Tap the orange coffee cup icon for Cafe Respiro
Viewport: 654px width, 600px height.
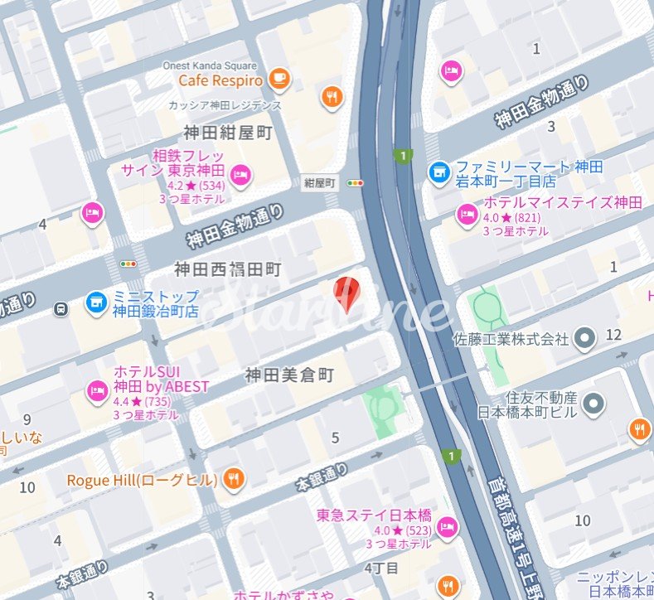[278, 80]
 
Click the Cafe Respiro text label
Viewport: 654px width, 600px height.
[220, 80]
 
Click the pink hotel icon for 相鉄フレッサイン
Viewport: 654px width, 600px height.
[240, 174]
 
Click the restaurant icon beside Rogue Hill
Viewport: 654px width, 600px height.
[235, 479]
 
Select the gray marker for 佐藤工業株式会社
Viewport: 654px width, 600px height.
[585, 338]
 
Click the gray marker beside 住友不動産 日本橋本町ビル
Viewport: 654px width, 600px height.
[593, 404]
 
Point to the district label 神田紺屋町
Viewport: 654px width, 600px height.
[228, 132]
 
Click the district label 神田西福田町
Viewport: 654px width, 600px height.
[228, 269]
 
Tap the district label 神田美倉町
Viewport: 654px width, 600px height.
[289, 375]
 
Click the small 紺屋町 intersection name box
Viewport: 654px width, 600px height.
[319, 182]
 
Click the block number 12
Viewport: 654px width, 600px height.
[613, 334]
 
